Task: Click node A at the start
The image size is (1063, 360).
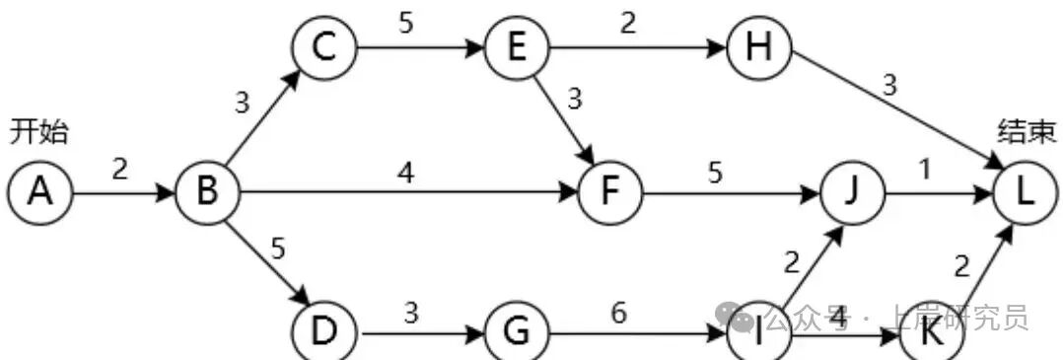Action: click(38, 192)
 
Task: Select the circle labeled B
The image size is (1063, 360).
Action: click(207, 192)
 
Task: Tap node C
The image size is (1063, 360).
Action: click(322, 47)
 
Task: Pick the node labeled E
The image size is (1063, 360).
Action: click(515, 47)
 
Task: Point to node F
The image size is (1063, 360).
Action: click(608, 192)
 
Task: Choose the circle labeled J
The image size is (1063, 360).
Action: click(852, 192)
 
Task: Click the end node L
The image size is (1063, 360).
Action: click(1025, 192)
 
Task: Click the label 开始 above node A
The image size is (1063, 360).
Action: click(39, 131)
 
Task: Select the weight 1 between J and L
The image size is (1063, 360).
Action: click(924, 171)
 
